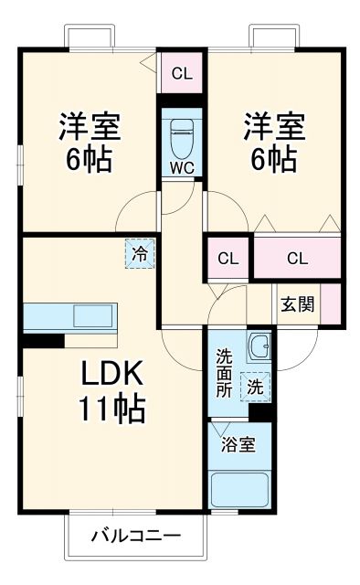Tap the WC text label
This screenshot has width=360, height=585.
182,168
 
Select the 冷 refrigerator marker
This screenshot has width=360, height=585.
140,253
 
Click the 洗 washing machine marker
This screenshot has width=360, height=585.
256,387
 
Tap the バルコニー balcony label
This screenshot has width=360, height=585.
135,537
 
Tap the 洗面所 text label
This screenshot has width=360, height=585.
225,373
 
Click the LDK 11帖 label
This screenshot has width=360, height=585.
115,391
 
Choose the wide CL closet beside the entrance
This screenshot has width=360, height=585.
297,258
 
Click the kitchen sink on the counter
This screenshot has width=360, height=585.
92,316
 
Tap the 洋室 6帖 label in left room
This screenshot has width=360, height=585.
90,144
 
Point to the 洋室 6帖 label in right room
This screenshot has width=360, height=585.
273,144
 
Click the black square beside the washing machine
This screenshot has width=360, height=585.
261,412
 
